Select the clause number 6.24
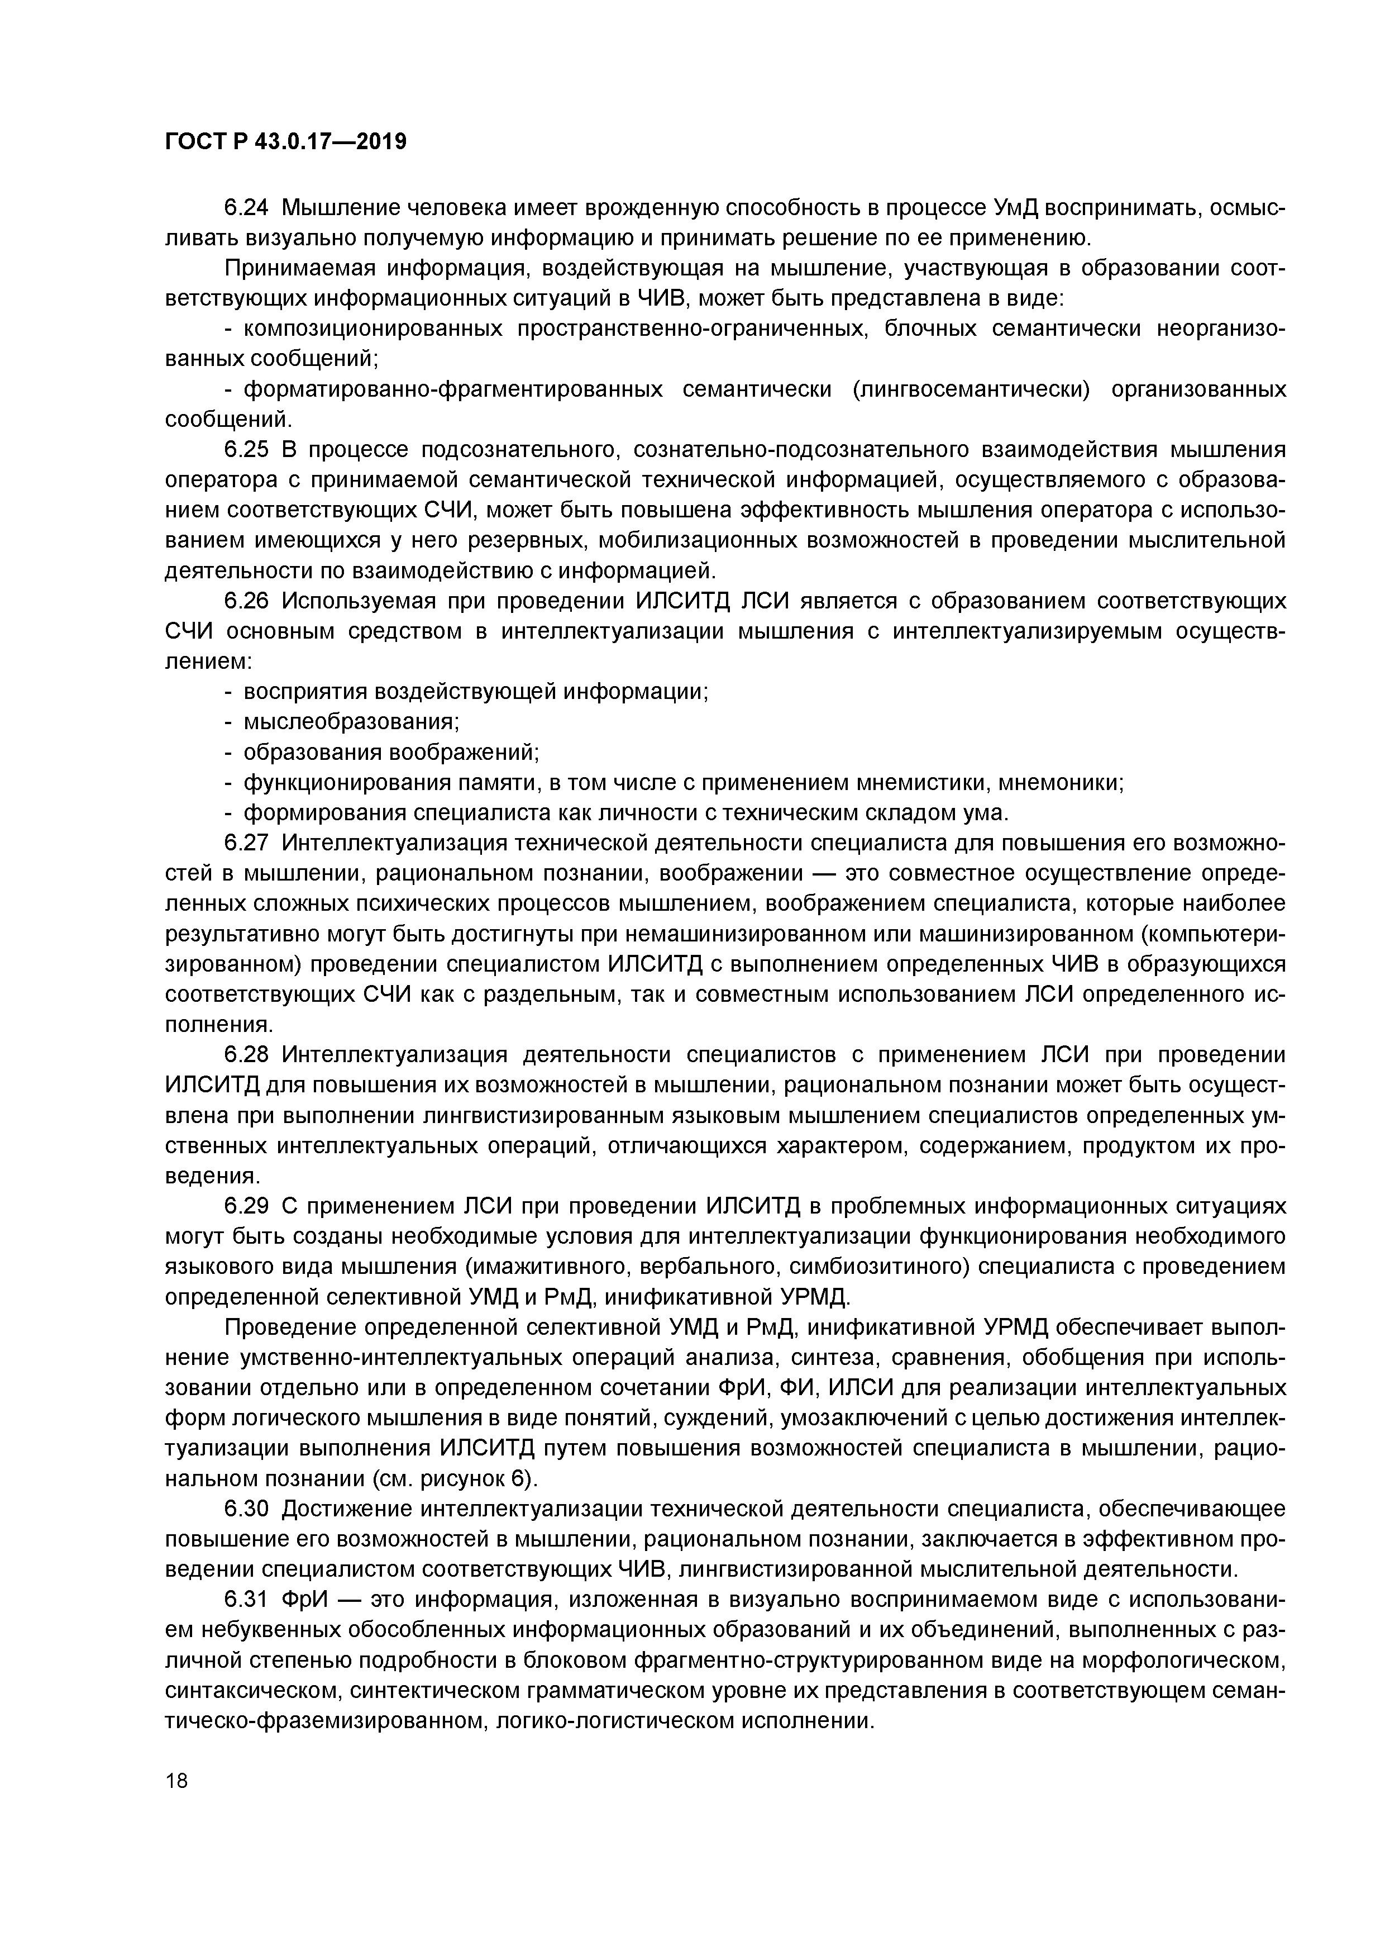247,207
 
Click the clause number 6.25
247,450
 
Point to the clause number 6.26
247,601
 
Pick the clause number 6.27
247,844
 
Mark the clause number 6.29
247,1206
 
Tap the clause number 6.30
247,1509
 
